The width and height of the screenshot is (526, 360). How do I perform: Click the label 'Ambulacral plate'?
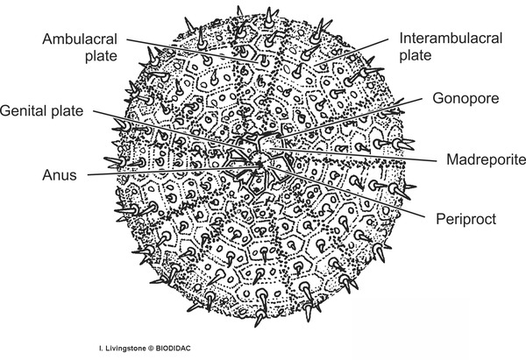click(80, 47)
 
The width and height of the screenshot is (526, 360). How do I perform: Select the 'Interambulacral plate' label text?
click(451, 46)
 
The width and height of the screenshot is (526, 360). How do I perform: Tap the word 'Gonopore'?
click(466, 98)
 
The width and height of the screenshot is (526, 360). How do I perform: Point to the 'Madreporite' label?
click(486, 159)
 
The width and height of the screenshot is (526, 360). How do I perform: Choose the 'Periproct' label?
click(466, 219)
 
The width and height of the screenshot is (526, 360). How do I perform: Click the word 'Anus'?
click(60, 175)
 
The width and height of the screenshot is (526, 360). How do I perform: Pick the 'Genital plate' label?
click(41, 110)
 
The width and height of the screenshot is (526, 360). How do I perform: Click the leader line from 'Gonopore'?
click(350, 118)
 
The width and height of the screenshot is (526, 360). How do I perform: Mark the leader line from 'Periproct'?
click(346, 191)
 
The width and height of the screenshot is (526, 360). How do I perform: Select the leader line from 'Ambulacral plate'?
click(193, 51)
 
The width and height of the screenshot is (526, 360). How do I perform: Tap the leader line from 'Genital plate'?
click(169, 130)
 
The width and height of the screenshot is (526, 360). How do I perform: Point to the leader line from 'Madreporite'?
click(353, 154)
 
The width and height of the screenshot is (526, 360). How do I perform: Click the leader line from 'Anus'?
click(173, 170)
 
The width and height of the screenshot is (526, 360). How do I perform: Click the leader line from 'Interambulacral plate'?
click(352, 52)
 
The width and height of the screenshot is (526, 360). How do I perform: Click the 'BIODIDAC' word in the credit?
click(173, 349)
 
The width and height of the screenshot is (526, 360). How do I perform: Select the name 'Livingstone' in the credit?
click(125, 349)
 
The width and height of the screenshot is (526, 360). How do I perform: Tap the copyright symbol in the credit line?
click(151, 349)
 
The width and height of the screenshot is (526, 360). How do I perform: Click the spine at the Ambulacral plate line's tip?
click(263, 61)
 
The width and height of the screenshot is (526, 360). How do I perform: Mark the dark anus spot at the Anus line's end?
click(259, 166)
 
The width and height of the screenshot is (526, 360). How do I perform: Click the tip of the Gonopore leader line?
click(278, 138)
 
